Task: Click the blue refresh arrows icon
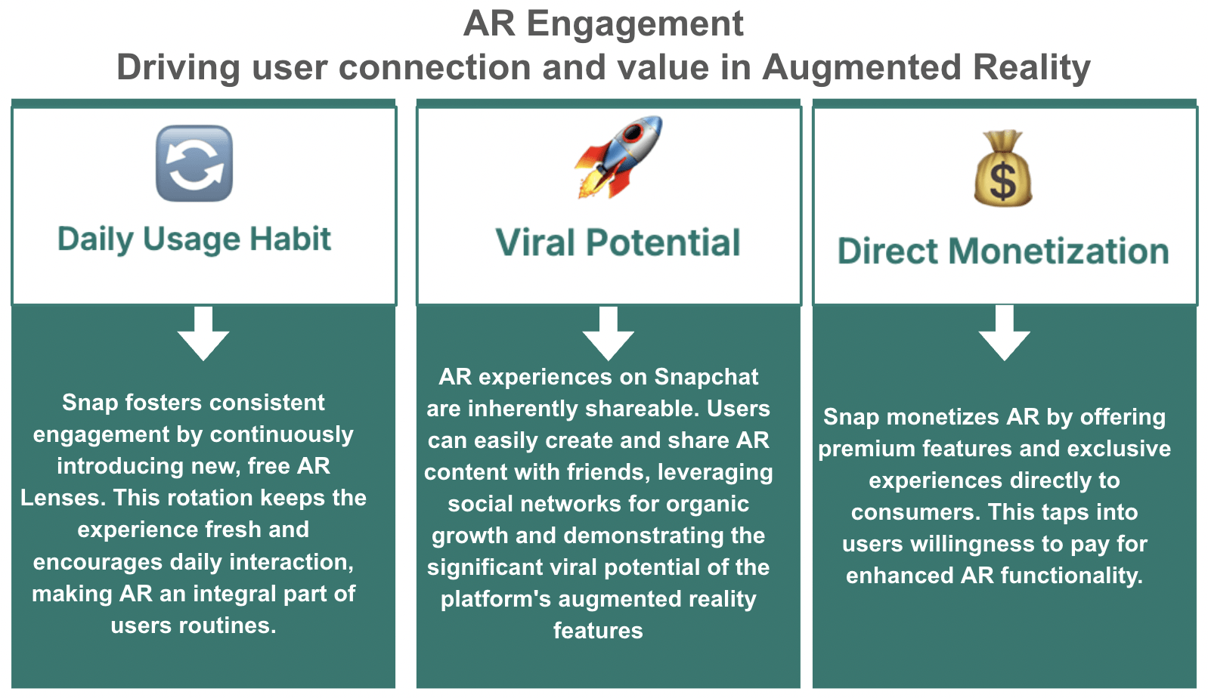tap(194, 163)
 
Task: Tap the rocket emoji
tap(618, 157)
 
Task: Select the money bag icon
tap(1003, 168)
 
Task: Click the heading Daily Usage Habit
tap(194, 239)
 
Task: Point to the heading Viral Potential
tap(618, 242)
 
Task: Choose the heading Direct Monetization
tap(1003, 251)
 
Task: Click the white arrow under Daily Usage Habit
tap(203, 334)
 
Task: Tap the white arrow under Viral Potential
tap(609, 334)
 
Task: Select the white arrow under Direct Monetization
tap(1004, 333)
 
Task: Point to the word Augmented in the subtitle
tap(862, 67)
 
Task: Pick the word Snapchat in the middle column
tap(706, 377)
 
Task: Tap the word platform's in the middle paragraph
tap(496, 599)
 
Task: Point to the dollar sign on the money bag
tap(1003, 181)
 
